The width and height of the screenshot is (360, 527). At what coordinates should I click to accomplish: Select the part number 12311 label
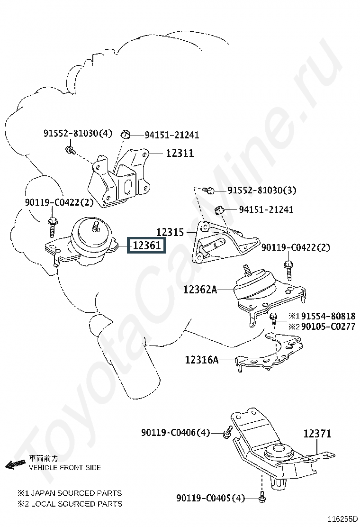pyautogui.click(x=180, y=154)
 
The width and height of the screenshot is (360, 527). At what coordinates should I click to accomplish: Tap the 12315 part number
pyautogui.click(x=170, y=232)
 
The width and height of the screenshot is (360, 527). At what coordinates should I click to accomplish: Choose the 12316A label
pyautogui.click(x=202, y=360)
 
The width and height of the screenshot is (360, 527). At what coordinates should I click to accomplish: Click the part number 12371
pyautogui.click(x=317, y=433)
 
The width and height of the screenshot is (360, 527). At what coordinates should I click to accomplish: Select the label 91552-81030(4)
pyautogui.click(x=78, y=133)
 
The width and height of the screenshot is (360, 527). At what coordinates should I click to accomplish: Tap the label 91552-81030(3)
pyautogui.click(x=262, y=190)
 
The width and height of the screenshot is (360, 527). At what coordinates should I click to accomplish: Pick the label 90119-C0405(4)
pyautogui.click(x=211, y=499)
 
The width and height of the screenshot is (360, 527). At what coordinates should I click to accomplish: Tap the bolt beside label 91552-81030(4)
pyautogui.click(x=69, y=151)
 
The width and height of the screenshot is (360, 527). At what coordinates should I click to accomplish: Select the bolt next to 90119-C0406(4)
pyautogui.click(x=227, y=432)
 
